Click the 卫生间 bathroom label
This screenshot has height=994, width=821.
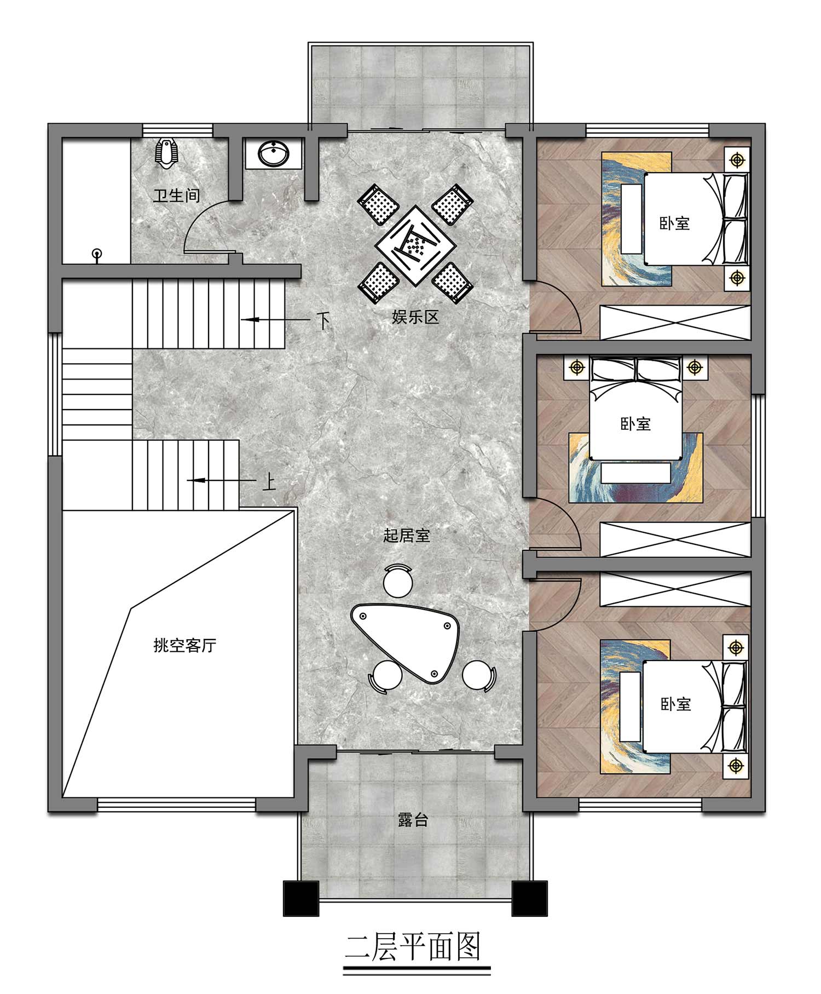176,196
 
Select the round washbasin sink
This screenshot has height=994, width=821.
273,153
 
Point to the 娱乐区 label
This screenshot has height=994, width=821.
415,317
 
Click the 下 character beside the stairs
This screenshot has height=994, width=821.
323,320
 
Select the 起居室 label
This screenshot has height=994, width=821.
406,535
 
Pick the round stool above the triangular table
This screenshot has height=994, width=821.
398,581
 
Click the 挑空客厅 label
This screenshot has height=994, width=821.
184,645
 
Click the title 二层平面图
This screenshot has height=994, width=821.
413,947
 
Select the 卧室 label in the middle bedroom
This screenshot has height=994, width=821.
635,423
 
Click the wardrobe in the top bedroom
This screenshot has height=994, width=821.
675,323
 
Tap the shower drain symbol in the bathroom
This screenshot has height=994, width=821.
97,255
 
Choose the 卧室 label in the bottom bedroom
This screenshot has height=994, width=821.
675,704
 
